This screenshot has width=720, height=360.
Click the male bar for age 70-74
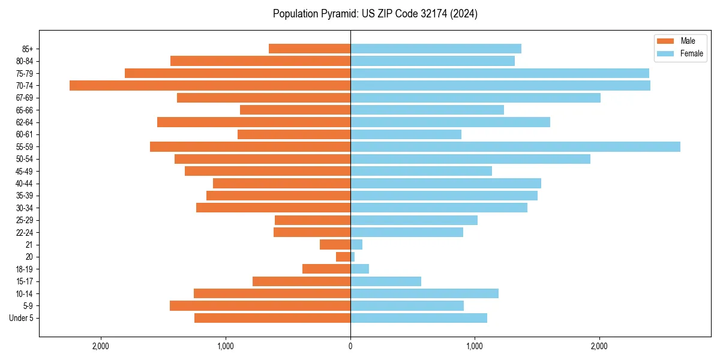coord(210,86)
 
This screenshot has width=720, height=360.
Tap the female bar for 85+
coord(436,49)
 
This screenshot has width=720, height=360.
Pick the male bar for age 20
coord(343,257)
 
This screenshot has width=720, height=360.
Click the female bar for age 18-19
coord(359,269)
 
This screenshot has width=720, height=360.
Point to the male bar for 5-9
coord(260,306)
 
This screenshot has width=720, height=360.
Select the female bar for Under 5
coord(418,318)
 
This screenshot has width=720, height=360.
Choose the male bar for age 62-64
coord(254,122)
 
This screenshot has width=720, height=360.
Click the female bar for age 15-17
coord(385,281)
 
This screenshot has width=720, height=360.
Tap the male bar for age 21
coord(335,245)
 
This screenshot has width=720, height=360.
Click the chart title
coord(375,14)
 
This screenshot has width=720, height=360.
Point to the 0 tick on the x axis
coord(350,346)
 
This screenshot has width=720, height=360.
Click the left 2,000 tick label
coord(101,346)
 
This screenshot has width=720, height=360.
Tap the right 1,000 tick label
coord(475,346)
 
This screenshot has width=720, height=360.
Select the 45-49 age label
coord(25,172)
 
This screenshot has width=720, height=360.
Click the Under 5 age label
coord(22,318)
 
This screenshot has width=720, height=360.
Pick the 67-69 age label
coord(25,98)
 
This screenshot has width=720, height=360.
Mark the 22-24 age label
coord(25,233)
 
